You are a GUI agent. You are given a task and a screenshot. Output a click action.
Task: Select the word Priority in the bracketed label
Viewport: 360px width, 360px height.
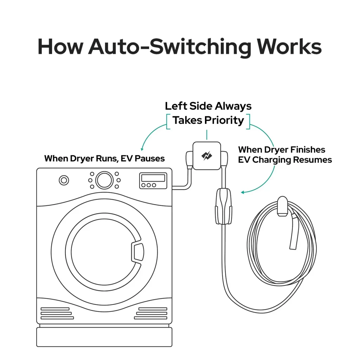point(224,120)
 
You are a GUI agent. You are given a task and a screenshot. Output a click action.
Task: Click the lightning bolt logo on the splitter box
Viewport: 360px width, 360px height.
point(207,156)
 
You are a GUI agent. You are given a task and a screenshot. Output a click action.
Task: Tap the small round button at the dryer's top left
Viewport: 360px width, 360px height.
point(64,181)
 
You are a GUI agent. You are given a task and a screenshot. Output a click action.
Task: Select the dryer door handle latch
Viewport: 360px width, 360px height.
point(137,252)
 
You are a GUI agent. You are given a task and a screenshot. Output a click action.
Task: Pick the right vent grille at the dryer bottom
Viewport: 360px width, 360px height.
point(152,313)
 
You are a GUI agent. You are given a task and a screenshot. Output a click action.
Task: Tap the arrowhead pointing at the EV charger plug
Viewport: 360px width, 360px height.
point(243,192)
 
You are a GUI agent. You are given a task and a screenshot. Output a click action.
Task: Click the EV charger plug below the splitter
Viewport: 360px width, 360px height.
point(224,206)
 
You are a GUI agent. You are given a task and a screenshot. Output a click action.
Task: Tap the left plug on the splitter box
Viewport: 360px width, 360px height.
point(189,159)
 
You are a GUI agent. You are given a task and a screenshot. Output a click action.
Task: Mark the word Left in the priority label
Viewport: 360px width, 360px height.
point(175,106)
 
